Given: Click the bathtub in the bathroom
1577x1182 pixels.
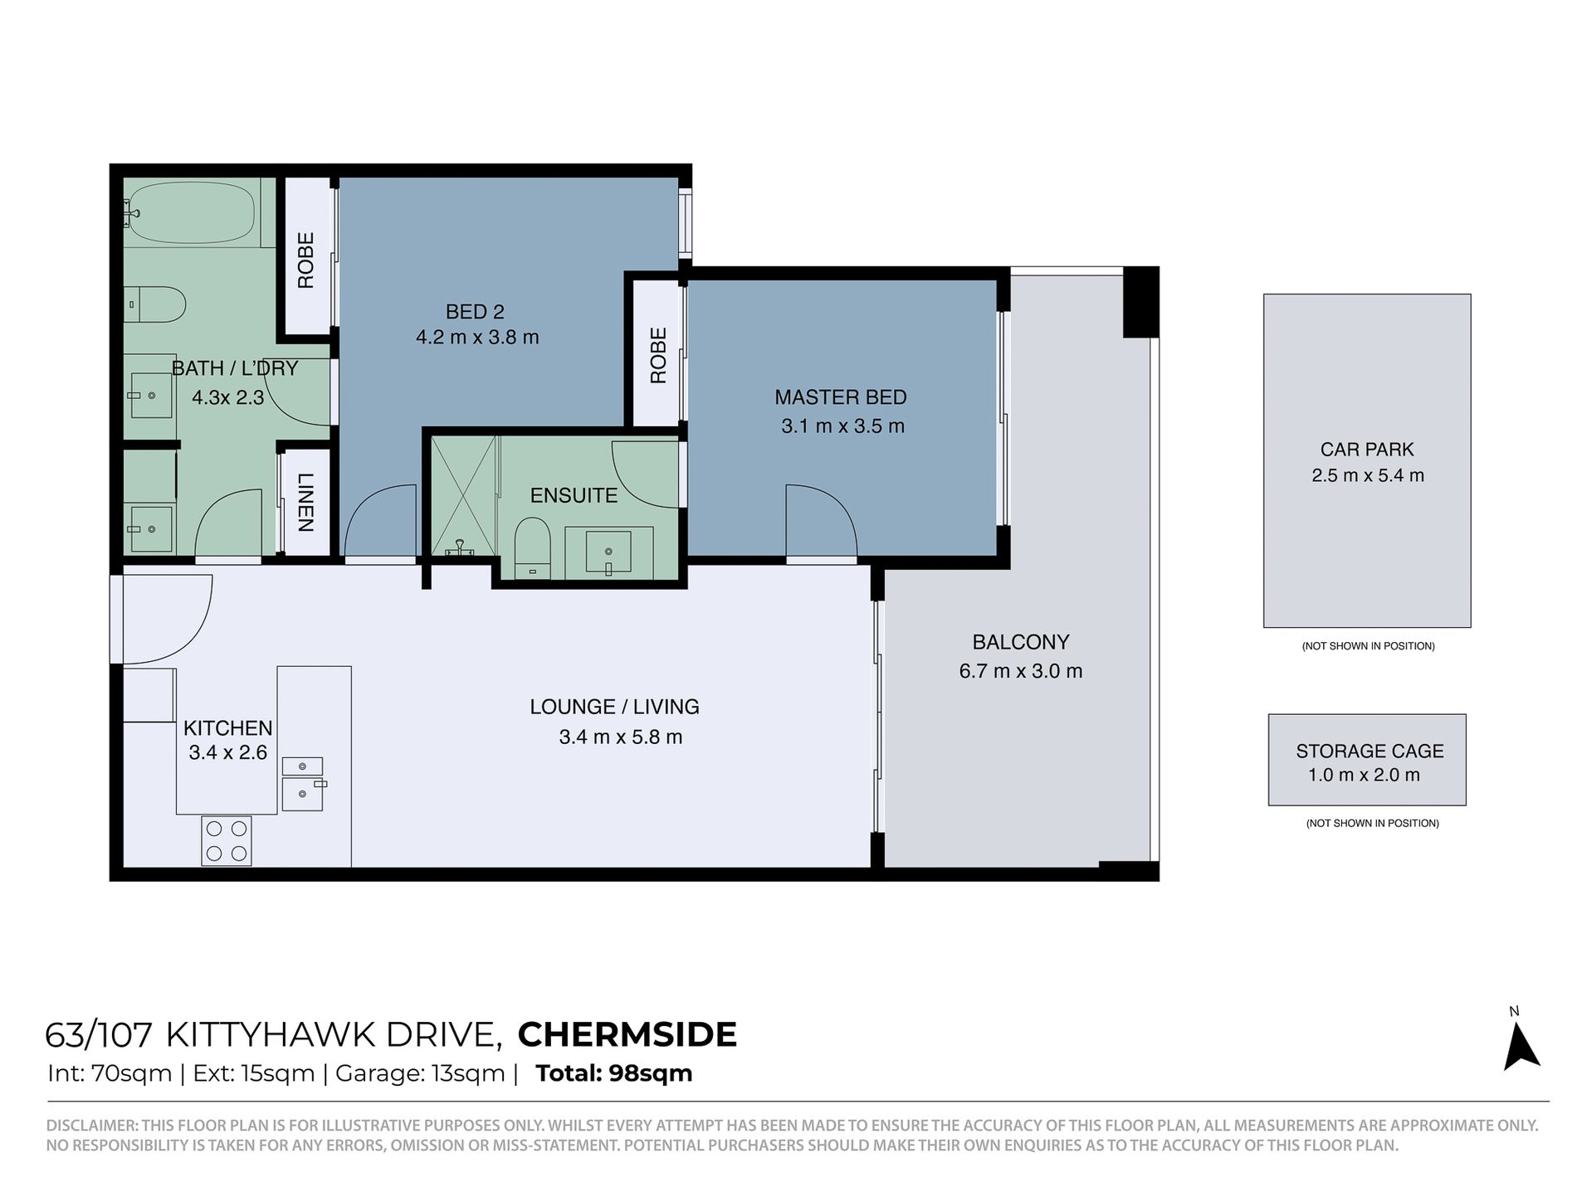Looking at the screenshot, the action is (x=192, y=212).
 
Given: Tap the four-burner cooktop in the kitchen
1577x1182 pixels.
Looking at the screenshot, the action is (x=227, y=840).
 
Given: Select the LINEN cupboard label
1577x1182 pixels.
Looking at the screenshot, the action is (x=305, y=502).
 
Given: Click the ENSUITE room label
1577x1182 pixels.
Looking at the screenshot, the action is (x=574, y=495).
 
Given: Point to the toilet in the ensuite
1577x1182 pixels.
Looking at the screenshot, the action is (x=532, y=548).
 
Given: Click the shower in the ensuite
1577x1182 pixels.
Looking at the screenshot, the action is (x=463, y=497).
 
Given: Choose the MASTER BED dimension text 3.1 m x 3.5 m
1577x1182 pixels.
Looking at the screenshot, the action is (x=842, y=426).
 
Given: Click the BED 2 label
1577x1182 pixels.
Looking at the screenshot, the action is (x=475, y=312).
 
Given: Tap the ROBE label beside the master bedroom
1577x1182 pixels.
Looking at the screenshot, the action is (x=658, y=356).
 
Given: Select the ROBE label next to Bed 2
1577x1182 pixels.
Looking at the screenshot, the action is (x=305, y=260).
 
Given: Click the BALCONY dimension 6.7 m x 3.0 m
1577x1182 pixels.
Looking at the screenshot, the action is (x=1021, y=671).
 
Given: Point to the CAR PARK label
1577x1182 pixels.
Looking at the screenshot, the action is (x=1367, y=450).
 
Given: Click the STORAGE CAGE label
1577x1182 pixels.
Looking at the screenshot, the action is (x=1369, y=751).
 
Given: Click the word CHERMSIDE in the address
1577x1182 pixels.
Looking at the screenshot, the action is (x=627, y=1034).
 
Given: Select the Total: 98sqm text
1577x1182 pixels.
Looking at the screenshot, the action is (x=614, y=1073).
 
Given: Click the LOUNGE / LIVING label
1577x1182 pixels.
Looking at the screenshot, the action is (x=614, y=707).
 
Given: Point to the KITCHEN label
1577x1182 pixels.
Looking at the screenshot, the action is (x=227, y=728).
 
